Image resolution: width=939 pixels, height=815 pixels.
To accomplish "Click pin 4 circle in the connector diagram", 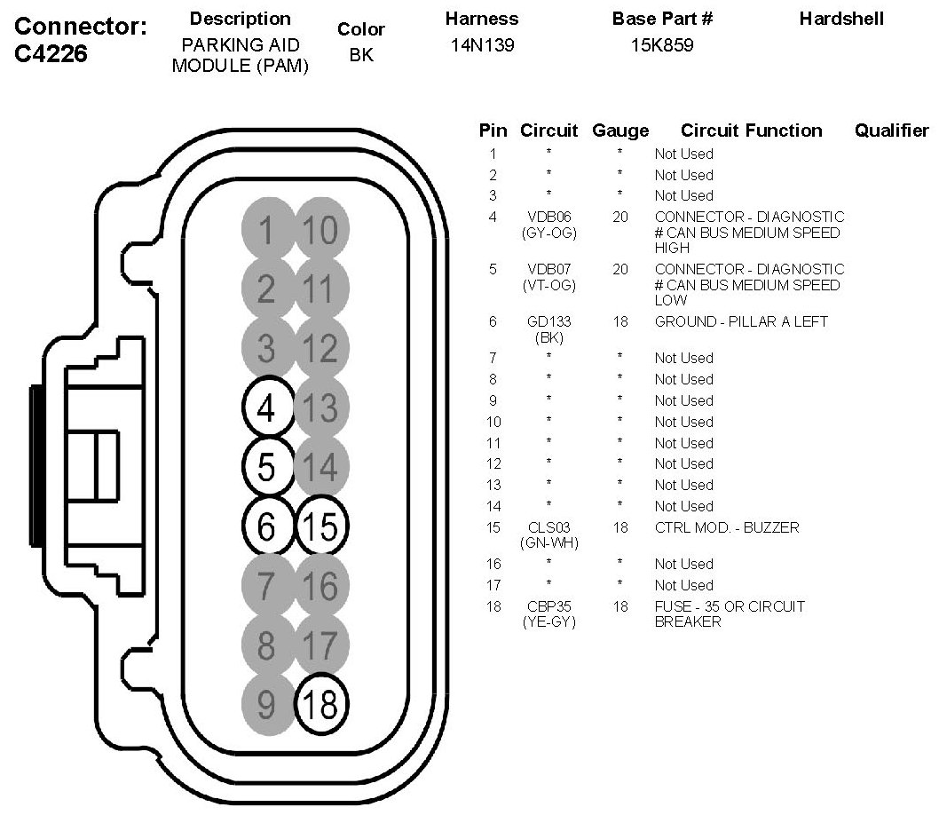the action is (x=268, y=407).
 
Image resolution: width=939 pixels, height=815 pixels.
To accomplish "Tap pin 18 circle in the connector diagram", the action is (x=321, y=704).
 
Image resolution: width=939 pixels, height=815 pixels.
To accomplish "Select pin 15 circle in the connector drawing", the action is (x=321, y=526).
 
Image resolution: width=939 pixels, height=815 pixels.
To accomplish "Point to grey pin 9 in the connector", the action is (x=268, y=704).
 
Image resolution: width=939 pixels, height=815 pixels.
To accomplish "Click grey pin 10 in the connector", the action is (x=321, y=229).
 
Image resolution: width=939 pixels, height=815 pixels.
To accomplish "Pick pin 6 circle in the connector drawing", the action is (x=268, y=526).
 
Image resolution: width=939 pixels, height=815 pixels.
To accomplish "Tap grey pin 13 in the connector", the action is (x=321, y=407).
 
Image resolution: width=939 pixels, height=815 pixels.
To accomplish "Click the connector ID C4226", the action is (x=51, y=54).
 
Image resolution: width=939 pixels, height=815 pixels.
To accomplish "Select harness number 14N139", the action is (x=482, y=45).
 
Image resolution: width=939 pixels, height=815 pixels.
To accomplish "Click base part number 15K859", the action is (x=662, y=45).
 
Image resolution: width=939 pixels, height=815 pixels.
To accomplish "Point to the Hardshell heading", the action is (x=841, y=19).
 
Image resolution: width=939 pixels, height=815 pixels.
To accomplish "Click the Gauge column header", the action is (x=620, y=131).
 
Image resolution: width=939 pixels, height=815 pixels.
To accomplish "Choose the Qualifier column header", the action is (x=891, y=131).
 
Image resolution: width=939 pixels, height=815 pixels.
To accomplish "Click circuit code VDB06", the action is (x=549, y=217).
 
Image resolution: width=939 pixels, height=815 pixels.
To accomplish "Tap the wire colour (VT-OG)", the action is (x=549, y=286).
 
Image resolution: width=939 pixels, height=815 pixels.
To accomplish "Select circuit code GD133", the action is (x=549, y=322).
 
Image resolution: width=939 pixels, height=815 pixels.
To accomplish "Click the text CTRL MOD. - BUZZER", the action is (x=727, y=527).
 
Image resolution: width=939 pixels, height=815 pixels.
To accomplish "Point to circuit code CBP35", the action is (x=549, y=606).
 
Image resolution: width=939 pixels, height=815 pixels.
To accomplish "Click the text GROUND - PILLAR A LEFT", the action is (x=741, y=322).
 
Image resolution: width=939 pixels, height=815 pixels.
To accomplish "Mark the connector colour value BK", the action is (x=361, y=55).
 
